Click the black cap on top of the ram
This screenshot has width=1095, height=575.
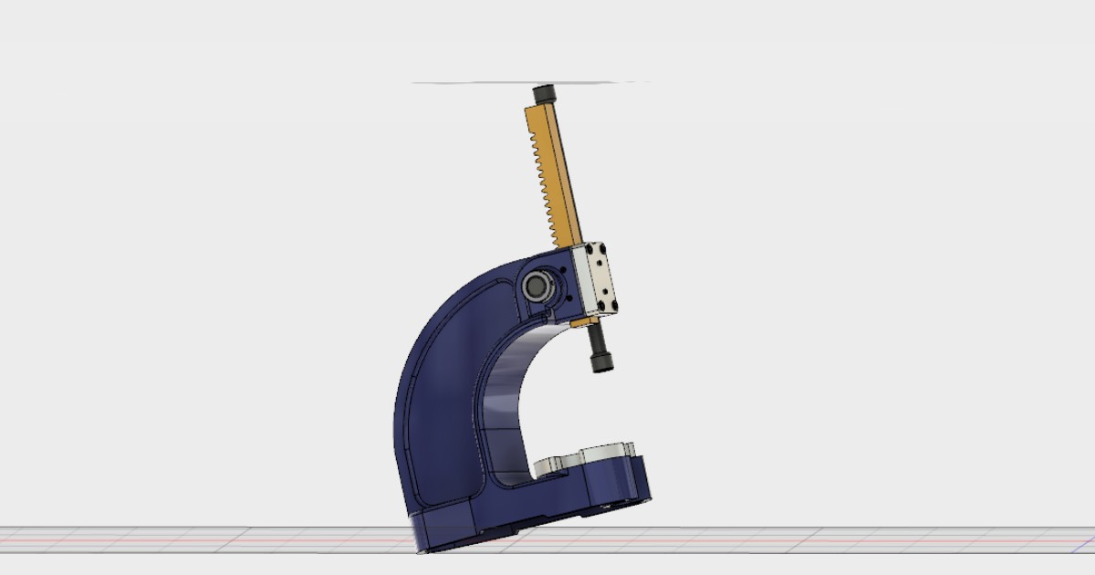[x=544, y=94]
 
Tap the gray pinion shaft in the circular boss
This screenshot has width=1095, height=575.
[x=537, y=287]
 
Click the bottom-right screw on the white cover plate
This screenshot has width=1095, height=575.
[x=613, y=305]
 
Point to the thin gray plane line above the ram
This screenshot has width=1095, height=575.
[x=474, y=83]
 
